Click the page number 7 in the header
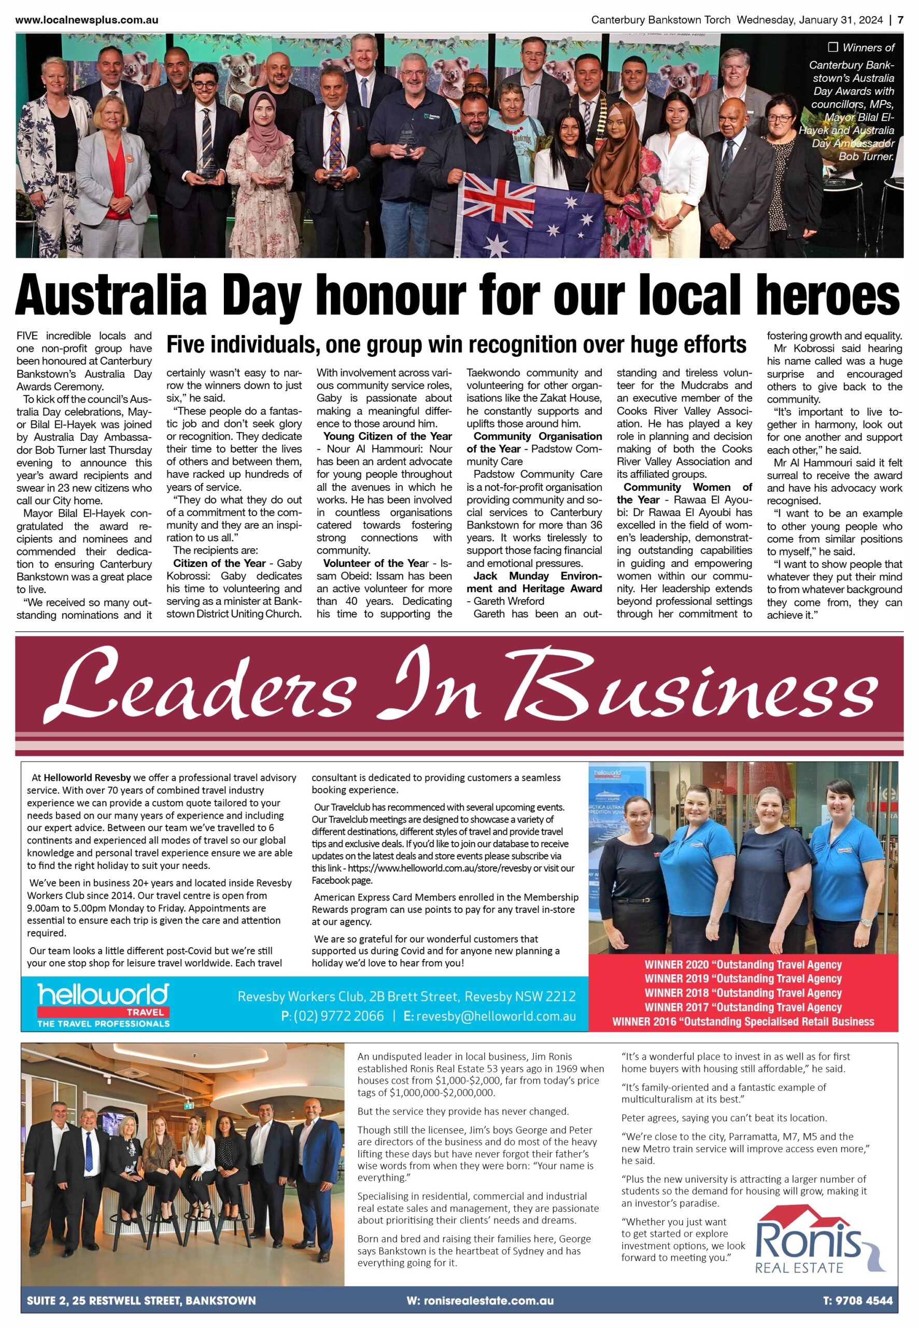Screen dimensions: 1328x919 point(900,20)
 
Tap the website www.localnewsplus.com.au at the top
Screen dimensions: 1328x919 point(87,20)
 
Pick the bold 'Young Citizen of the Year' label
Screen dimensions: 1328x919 point(387,436)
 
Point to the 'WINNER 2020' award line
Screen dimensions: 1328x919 point(743,964)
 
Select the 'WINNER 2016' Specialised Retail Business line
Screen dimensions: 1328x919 point(743,1021)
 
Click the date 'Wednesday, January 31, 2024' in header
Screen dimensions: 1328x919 point(810,20)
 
